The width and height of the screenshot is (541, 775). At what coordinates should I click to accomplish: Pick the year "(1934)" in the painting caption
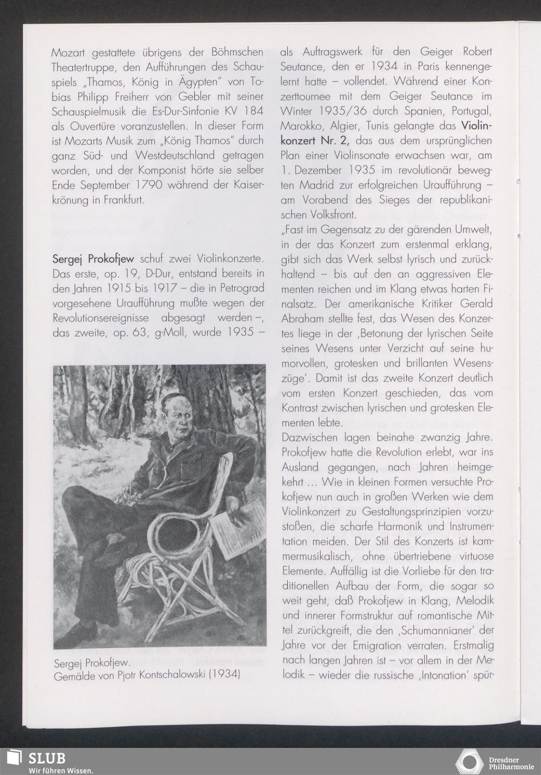(225, 675)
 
